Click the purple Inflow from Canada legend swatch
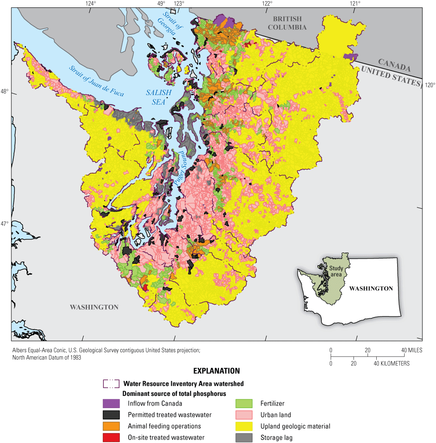111,403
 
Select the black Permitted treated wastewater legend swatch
111,415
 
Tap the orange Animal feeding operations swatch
111,426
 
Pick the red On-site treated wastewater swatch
111,437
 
